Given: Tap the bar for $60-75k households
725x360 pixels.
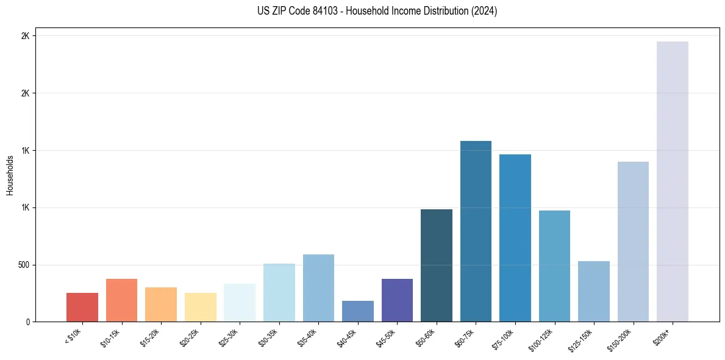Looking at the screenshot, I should coord(476,231).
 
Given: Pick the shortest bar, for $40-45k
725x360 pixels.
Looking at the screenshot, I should coord(357,311).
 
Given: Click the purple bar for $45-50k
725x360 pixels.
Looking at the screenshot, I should coord(397,300).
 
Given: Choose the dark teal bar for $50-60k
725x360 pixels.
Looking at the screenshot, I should coord(436,265).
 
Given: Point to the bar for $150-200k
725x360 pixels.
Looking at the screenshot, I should coord(633,242).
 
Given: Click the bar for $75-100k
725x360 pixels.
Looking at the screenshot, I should coord(515,238).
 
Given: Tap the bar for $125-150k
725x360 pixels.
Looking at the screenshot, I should coord(593,291).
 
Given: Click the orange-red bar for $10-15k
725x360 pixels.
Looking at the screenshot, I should coord(121,300).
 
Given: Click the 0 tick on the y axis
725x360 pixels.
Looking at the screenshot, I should coord(28,322).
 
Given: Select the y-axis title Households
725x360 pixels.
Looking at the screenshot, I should coord(10,175).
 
